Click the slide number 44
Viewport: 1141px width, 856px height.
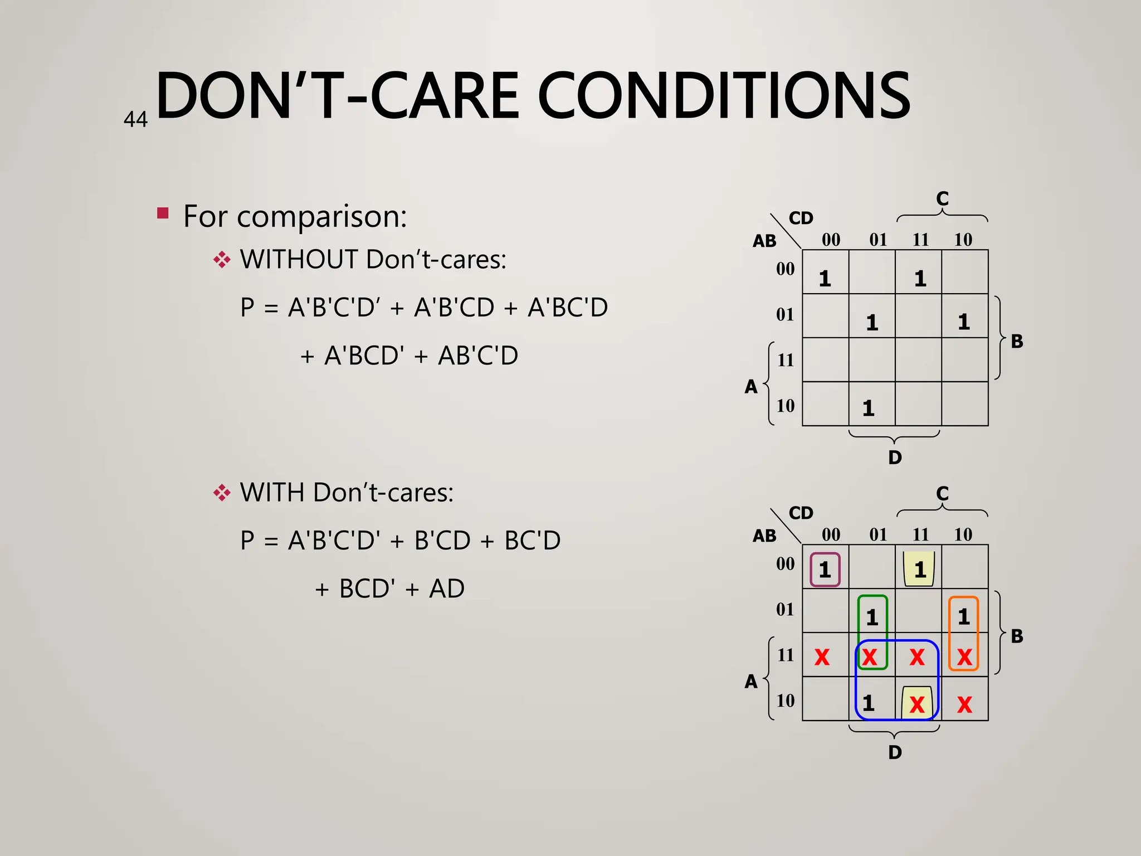click(x=135, y=119)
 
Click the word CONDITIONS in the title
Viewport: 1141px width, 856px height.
click(x=724, y=96)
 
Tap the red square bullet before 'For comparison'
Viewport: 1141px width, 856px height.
click(x=163, y=213)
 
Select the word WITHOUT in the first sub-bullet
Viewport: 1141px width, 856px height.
click(x=299, y=260)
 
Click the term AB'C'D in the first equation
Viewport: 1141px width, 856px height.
click(x=478, y=356)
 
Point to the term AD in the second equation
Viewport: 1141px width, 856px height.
click(x=446, y=588)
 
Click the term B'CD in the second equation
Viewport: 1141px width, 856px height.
click(x=442, y=541)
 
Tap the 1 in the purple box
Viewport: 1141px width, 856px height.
click(x=825, y=570)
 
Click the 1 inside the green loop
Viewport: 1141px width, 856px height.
click(x=872, y=617)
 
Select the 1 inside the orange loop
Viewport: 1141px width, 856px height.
click(x=964, y=616)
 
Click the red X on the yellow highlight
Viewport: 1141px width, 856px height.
click(x=917, y=705)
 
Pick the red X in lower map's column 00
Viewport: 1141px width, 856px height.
click(x=822, y=658)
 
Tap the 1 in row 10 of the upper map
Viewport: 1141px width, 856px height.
click(x=869, y=408)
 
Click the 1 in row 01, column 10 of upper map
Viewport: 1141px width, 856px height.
click(x=964, y=322)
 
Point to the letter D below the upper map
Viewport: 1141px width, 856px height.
click(x=895, y=458)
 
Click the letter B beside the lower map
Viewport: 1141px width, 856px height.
click(x=1017, y=636)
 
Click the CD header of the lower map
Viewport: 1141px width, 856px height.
click(x=801, y=513)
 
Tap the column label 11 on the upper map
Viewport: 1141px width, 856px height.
click(x=920, y=240)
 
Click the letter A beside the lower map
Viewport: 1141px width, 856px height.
click(x=751, y=681)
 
